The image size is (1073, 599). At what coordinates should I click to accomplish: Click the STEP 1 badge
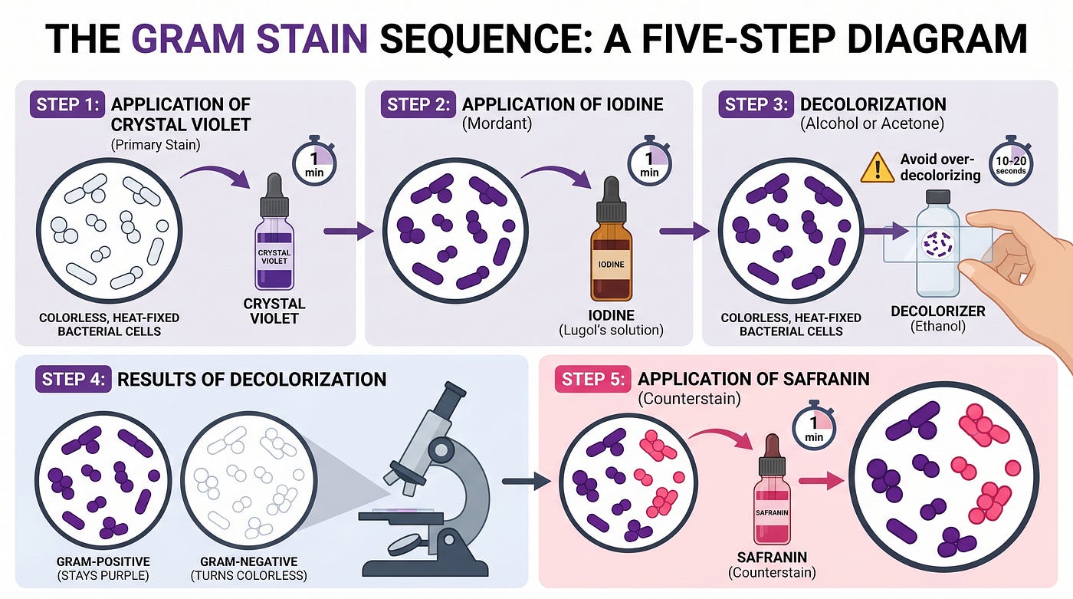tap(67, 104)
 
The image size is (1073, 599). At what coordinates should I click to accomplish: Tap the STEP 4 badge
tap(73, 379)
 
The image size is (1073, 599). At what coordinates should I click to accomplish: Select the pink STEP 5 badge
tap(593, 379)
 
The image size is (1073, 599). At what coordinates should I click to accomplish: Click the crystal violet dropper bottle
tap(274, 232)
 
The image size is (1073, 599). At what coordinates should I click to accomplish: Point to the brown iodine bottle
tap(612, 239)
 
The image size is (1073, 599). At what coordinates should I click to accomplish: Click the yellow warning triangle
tap(877, 168)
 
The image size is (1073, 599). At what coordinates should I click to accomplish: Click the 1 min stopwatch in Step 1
tap(314, 161)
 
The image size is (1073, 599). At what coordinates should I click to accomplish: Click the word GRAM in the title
tap(189, 38)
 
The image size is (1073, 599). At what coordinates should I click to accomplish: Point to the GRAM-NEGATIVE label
tap(248, 561)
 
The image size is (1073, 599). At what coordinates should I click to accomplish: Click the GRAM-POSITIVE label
tap(103, 561)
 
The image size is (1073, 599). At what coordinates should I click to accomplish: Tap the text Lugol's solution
tap(612, 330)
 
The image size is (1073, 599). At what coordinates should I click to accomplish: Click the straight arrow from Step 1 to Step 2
tap(349, 232)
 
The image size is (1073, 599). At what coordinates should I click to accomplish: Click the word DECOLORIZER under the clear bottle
tap(938, 311)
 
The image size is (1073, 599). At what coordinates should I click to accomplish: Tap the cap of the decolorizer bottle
tap(938, 197)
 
